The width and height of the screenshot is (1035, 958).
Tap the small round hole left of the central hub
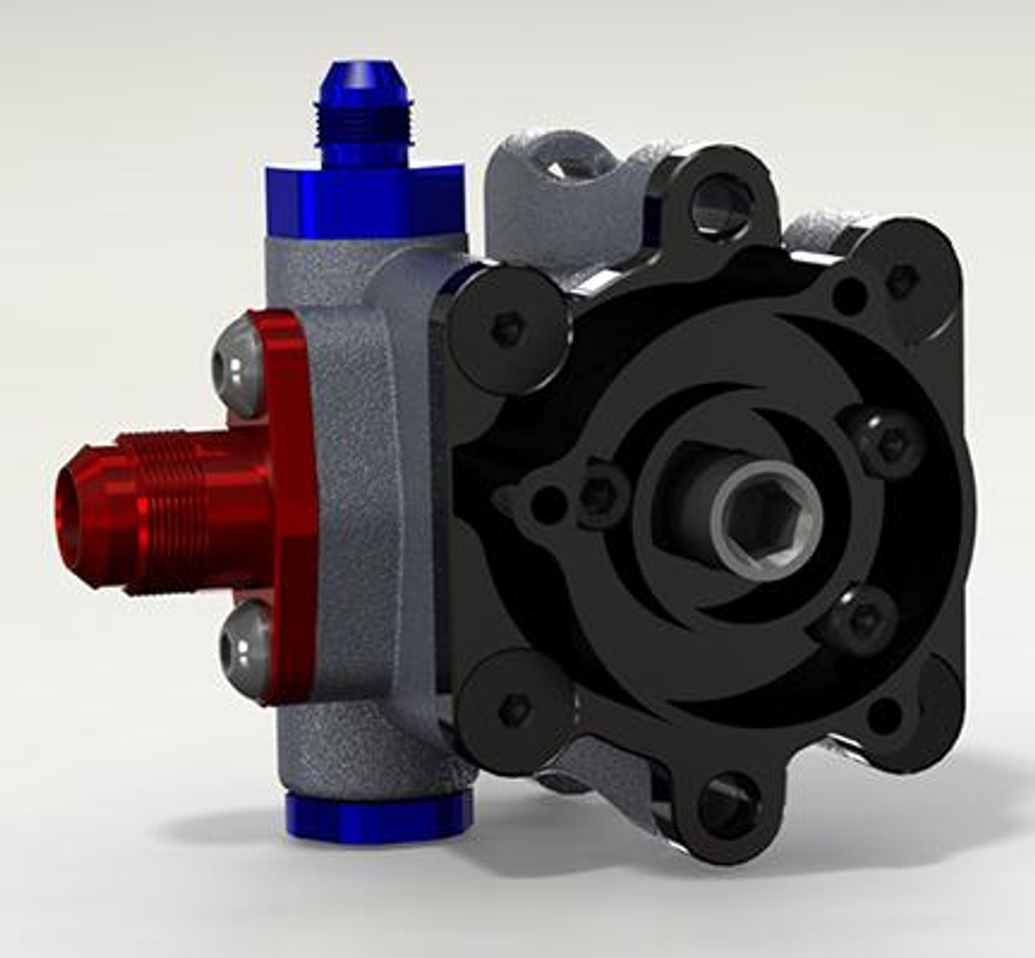point(550,505)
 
